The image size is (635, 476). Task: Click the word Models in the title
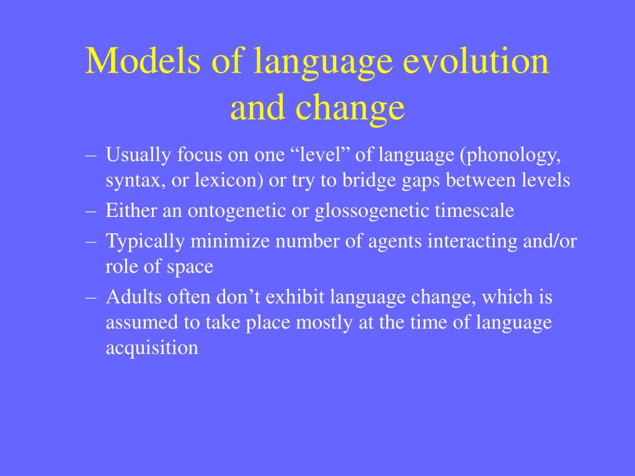coord(143,60)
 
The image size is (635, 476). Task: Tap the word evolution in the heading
coord(476,60)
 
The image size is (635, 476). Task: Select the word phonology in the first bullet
coord(510,155)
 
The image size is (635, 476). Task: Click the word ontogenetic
coord(236,211)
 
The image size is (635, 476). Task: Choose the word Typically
coord(145,242)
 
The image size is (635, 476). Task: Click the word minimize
coord(230,241)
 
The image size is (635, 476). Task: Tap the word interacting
coord(473,242)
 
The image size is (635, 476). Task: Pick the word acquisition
coord(152,348)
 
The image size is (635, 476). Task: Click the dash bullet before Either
coord(91,211)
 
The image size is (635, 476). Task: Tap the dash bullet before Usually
coord(91,155)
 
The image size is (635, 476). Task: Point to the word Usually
coord(138,155)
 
